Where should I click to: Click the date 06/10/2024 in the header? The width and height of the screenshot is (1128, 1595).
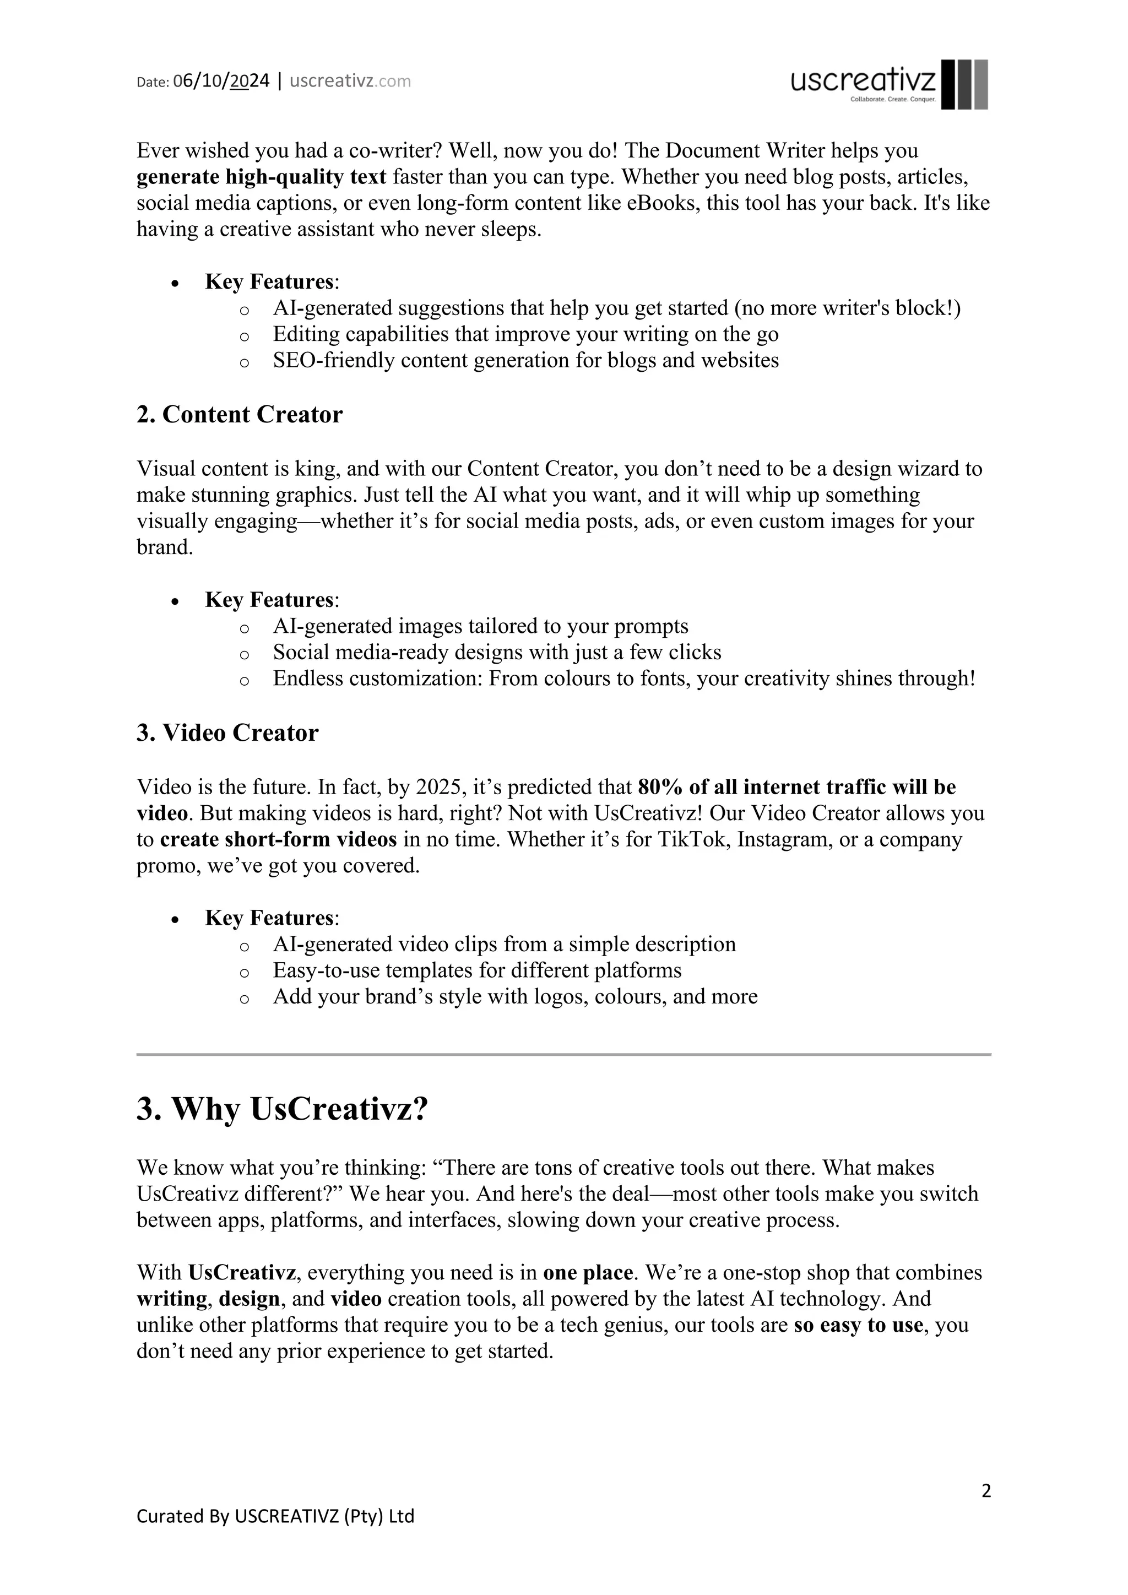coord(221,82)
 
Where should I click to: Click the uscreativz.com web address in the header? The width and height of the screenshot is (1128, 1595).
coord(350,82)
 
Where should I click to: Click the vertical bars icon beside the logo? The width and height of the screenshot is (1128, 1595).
coord(964,84)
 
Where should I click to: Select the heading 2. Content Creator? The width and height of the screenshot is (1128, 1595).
coord(240,415)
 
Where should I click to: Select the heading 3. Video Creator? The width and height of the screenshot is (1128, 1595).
coord(227,733)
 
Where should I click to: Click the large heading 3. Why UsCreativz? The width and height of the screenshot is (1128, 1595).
coord(282,1109)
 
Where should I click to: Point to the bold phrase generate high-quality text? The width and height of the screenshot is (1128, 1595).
coord(261,177)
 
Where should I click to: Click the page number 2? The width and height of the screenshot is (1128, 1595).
coord(985,1491)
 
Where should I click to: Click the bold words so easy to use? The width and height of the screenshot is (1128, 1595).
coord(858,1325)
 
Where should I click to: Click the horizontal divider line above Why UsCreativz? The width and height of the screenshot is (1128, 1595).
coord(563,1055)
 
